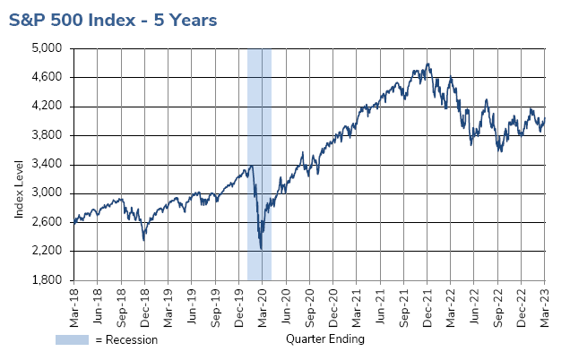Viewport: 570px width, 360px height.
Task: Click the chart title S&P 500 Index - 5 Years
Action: pos(114,19)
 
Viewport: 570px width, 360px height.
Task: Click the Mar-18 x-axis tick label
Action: pos(73,302)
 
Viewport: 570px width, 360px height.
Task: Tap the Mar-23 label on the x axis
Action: pos(545,302)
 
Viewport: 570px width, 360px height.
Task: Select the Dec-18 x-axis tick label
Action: pos(144,302)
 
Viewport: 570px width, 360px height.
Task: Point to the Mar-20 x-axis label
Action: pos(263,302)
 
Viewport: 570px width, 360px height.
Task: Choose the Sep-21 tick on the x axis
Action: pos(403,302)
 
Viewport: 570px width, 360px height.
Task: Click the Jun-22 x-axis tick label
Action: pos(474,302)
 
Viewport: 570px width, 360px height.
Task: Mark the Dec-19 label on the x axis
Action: pos(238,302)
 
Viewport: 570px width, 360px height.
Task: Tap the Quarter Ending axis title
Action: pos(325,339)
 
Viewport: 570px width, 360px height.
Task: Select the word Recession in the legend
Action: pos(134,339)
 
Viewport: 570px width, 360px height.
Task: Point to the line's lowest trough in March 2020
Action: pos(261,248)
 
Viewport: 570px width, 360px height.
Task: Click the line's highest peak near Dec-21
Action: pos(428,64)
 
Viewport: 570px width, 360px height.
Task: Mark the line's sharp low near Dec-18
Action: pos(144,239)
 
